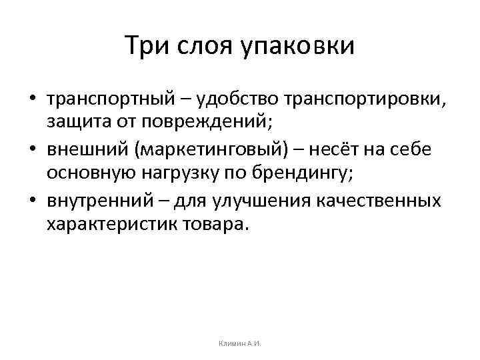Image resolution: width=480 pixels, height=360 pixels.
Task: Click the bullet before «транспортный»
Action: click(33, 100)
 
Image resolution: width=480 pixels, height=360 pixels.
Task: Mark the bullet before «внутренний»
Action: click(33, 201)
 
